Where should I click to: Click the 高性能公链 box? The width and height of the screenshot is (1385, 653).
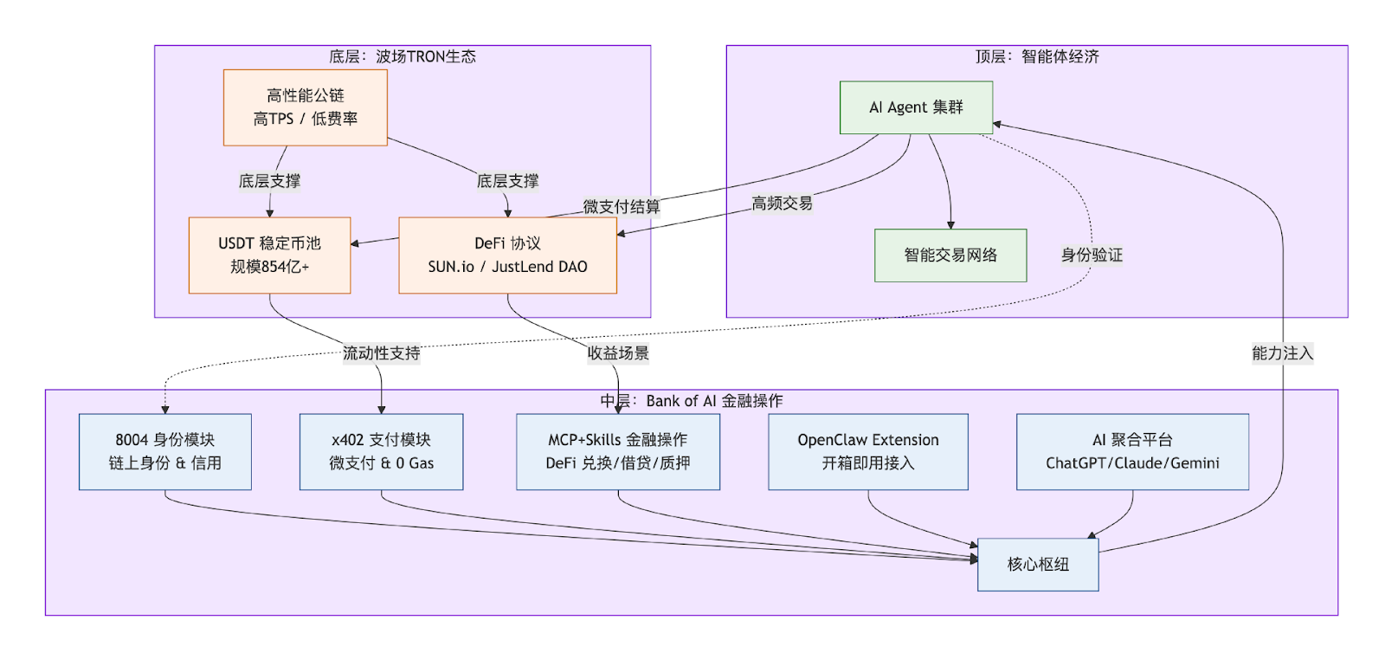305,107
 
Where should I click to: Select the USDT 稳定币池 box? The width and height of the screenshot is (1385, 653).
269,255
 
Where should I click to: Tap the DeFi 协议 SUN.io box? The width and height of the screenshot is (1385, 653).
507,255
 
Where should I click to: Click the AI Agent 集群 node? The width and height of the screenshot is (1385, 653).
916,107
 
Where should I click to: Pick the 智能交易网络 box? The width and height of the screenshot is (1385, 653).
950,255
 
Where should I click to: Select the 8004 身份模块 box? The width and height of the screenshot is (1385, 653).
164,451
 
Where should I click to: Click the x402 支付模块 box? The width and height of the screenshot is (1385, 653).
381,451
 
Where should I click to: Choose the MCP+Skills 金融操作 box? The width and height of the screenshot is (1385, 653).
618,451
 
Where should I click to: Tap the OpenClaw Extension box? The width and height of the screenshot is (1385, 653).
867,451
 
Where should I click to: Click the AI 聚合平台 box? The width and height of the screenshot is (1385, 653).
1132,451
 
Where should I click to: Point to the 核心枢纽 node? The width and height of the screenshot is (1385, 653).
1038,565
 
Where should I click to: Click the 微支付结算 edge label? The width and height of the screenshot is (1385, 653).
621,207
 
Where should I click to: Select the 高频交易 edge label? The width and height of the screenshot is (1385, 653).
782,204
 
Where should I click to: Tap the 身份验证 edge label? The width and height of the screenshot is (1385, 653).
1092,255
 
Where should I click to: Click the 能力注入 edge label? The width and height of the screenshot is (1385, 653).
1282,353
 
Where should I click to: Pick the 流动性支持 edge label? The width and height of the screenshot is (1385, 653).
381,353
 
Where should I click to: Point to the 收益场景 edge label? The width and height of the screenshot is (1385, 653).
618,353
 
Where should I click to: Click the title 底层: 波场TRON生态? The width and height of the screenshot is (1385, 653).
402,57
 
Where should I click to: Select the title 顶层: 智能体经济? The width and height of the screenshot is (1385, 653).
1037,57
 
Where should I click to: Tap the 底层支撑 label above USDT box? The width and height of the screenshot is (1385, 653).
269,181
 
